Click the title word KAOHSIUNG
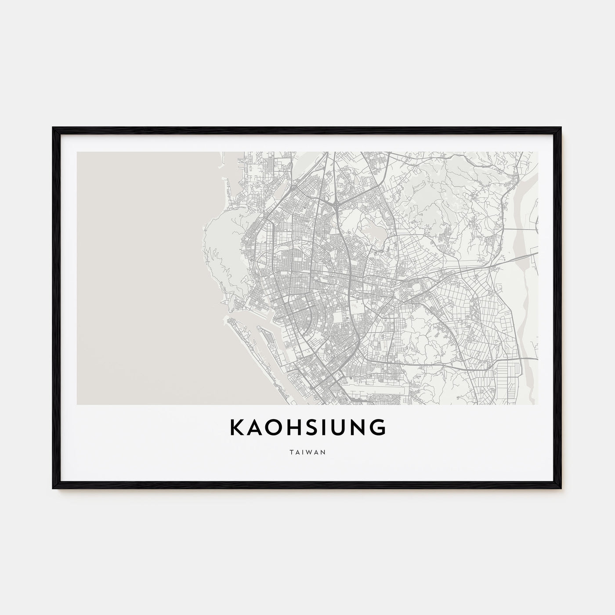[307, 427]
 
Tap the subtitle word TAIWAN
[307, 452]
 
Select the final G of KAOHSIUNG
[378, 427]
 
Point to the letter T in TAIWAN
[291, 452]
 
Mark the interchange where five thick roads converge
[336, 203]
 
